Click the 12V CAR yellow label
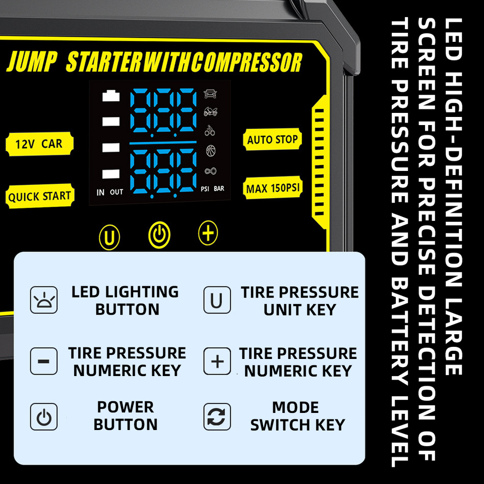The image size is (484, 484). [x=39, y=144]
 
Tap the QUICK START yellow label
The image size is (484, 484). [x=39, y=196]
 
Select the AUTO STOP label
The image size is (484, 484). [x=272, y=140]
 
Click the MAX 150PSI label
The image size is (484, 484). [x=273, y=189]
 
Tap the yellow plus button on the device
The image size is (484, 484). [x=208, y=233]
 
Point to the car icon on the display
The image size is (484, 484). [x=210, y=94]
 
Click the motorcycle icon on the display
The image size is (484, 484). [x=210, y=112]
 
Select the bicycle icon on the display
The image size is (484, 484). [x=210, y=131]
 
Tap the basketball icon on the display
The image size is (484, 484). [x=210, y=150]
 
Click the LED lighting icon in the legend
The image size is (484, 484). [x=44, y=300]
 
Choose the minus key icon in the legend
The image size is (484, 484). [x=44, y=361]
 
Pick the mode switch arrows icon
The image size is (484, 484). [x=217, y=416]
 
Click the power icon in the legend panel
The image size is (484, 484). [x=44, y=416]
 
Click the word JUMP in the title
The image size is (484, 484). [x=31, y=63]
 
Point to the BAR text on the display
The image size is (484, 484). [x=219, y=189]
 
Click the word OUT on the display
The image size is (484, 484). [x=116, y=192]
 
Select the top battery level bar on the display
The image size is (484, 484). [x=110, y=96]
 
